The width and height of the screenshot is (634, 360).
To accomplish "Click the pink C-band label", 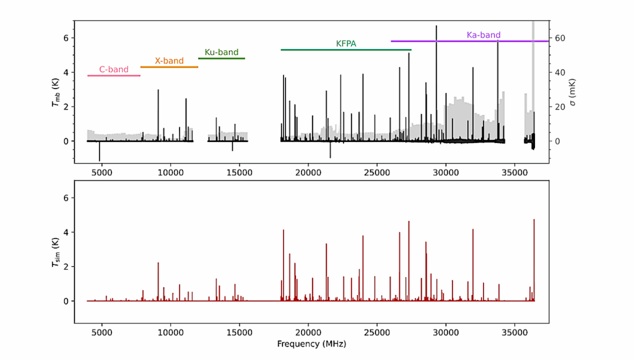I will tap(114, 69).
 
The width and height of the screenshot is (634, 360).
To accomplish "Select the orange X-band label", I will tap(169, 61).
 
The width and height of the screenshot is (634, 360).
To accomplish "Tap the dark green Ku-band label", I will tap(222, 53).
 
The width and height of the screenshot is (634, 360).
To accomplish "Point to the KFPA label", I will tap(346, 44).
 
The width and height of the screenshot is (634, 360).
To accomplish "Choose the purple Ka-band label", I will tap(484, 35).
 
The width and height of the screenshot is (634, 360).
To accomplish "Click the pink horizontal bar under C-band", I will tap(114, 76).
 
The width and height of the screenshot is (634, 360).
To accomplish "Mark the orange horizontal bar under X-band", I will tap(169, 67).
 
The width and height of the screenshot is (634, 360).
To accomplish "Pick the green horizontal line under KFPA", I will tap(346, 50).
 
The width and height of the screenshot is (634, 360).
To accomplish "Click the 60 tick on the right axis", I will tap(558, 38).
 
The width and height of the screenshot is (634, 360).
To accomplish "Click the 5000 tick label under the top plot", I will tap(102, 172).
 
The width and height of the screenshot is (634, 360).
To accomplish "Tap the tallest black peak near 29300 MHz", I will tap(436, 28).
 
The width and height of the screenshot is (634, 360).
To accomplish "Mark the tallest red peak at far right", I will tap(534, 221).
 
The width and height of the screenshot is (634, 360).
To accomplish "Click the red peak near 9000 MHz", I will tap(158, 264).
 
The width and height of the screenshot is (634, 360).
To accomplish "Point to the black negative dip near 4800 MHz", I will tap(99, 158).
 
